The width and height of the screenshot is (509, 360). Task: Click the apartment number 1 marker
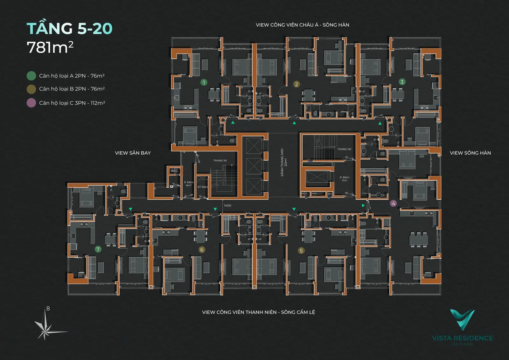pyautogui.click(x=204, y=82)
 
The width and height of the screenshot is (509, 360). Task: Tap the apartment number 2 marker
pyautogui.click(x=296, y=84)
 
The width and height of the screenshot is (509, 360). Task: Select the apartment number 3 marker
pyautogui.click(x=402, y=82)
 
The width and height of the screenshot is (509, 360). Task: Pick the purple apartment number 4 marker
pyautogui.click(x=394, y=204)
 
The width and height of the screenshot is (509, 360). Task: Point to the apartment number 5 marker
pyautogui.click(x=301, y=251)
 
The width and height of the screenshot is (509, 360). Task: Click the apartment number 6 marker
pyautogui.click(x=202, y=250)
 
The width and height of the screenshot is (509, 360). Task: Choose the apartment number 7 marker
pyautogui.click(x=98, y=249)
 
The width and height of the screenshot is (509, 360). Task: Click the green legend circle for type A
pyautogui.click(x=31, y=76)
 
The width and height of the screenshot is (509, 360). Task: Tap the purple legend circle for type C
pyautogui.click(x=31, y=103)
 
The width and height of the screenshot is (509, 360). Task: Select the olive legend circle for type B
pyautogui.click(x=31, y=89)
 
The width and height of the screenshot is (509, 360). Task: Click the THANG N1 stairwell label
pyautogui.click(x=220, y=161)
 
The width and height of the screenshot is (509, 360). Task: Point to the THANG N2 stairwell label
pyautogui.click(x=344, y=149)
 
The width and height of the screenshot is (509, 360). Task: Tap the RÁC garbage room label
pyautogui.click(x=174, y=171)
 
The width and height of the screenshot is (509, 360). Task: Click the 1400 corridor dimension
pyautogui.click(x=227, y=205)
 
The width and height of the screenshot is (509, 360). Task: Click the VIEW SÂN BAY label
pyautogui.click(x=133, y=153)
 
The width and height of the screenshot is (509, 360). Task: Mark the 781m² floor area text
pyautogui.click(x=50, y=48)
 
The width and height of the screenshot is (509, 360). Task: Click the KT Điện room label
pyautogui.click(x=202, y=187)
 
